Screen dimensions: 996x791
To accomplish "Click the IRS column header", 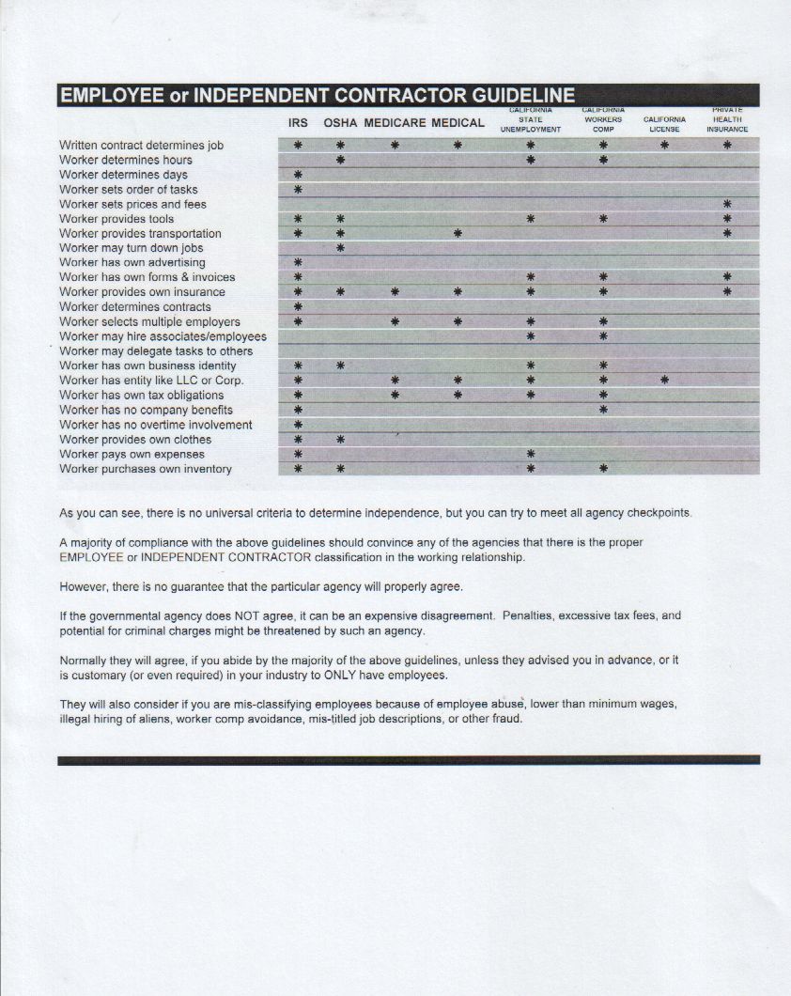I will (x=298, y=123).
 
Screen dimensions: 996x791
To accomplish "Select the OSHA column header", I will (x=340, y=123).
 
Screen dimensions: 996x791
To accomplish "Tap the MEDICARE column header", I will (x=395, y=123).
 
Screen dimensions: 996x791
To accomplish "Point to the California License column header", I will (x=664, y=124).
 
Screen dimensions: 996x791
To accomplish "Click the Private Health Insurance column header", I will (x=727, y=119).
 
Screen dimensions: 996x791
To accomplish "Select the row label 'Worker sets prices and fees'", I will (x=132, y=204).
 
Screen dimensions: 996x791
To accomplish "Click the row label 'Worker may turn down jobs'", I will (x=132, y=248).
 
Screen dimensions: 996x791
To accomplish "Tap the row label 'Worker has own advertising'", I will (x=132, y=262).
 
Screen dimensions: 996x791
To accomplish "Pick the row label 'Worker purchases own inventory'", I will (x=145, y=469).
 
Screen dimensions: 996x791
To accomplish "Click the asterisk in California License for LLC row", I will (x=664, y=381).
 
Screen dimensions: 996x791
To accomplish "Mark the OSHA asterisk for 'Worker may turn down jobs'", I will (x=340, y=248).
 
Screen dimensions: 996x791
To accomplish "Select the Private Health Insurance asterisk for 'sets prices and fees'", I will (x=727, y=204).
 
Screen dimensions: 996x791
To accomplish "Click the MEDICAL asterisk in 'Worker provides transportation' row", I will (x=458, y=233).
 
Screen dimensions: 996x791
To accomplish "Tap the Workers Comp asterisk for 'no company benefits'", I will (x=603, y=410).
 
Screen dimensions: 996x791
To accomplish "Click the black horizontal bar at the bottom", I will (x=408, y=760).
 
